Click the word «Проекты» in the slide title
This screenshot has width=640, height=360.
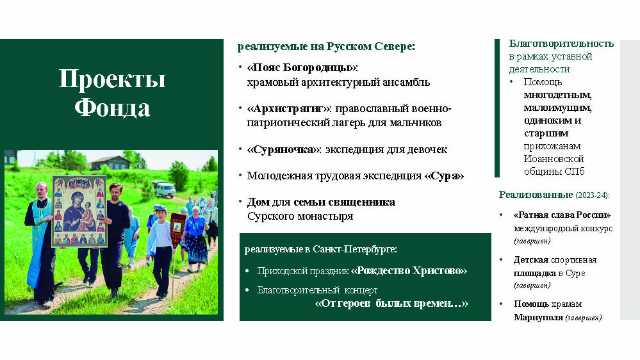[112, 78]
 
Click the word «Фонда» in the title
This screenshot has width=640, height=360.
[112, 108]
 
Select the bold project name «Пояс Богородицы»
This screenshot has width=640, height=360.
[302, 67]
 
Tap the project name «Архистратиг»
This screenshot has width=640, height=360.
[290, 108]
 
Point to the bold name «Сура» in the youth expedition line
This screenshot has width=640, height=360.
[444, 176]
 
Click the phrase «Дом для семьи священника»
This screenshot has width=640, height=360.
[321, 202]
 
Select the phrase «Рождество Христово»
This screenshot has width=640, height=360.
[409, 270]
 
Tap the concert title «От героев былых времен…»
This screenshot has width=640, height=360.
[391, 303]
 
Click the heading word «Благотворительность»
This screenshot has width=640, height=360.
[561, 44]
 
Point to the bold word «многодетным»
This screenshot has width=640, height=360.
[557, 95]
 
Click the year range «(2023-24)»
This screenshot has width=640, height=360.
[592, 195]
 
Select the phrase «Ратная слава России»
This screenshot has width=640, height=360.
[562, 215]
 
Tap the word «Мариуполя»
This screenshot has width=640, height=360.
[538, 317]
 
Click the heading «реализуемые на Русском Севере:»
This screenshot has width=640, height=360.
[326, 47]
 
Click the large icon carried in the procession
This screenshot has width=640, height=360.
[79, 211]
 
